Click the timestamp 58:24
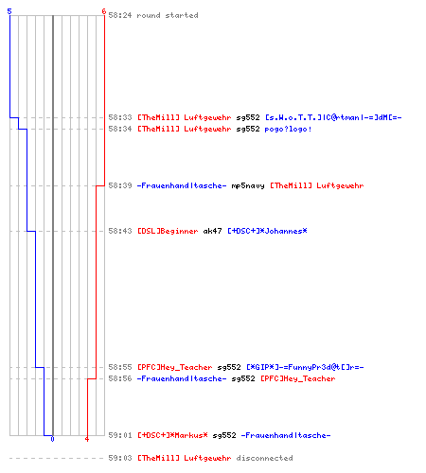tap(120, 15)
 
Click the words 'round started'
tap(168, 15)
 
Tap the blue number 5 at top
tap(9, 11)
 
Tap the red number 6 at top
tap(104, 11)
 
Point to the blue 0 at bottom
tap(52, 439)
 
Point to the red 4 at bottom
tap(87, 439)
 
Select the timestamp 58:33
tap(120, 117)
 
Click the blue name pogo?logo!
tap(288, 129)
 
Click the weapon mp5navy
tap(248, 185)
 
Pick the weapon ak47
tap(212, 231)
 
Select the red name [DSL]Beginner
tap(168, 231)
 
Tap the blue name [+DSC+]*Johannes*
tap(267, 231)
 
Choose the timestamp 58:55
tap(120, 367)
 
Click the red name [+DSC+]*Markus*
tap(172, 435)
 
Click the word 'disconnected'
tap(264, 458)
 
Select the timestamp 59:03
tap(120, 458)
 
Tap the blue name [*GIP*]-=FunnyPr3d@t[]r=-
tap(305, 367)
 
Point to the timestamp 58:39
tap(120, 185)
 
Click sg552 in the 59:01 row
tap(224, 435)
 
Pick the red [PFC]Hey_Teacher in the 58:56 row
tap(298, 378)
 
